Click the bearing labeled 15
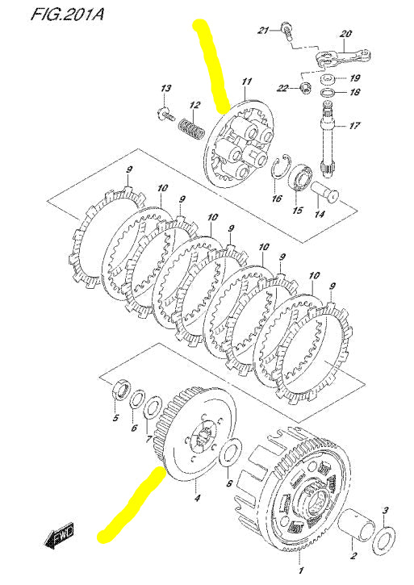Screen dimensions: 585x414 (x=303, y=177)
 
